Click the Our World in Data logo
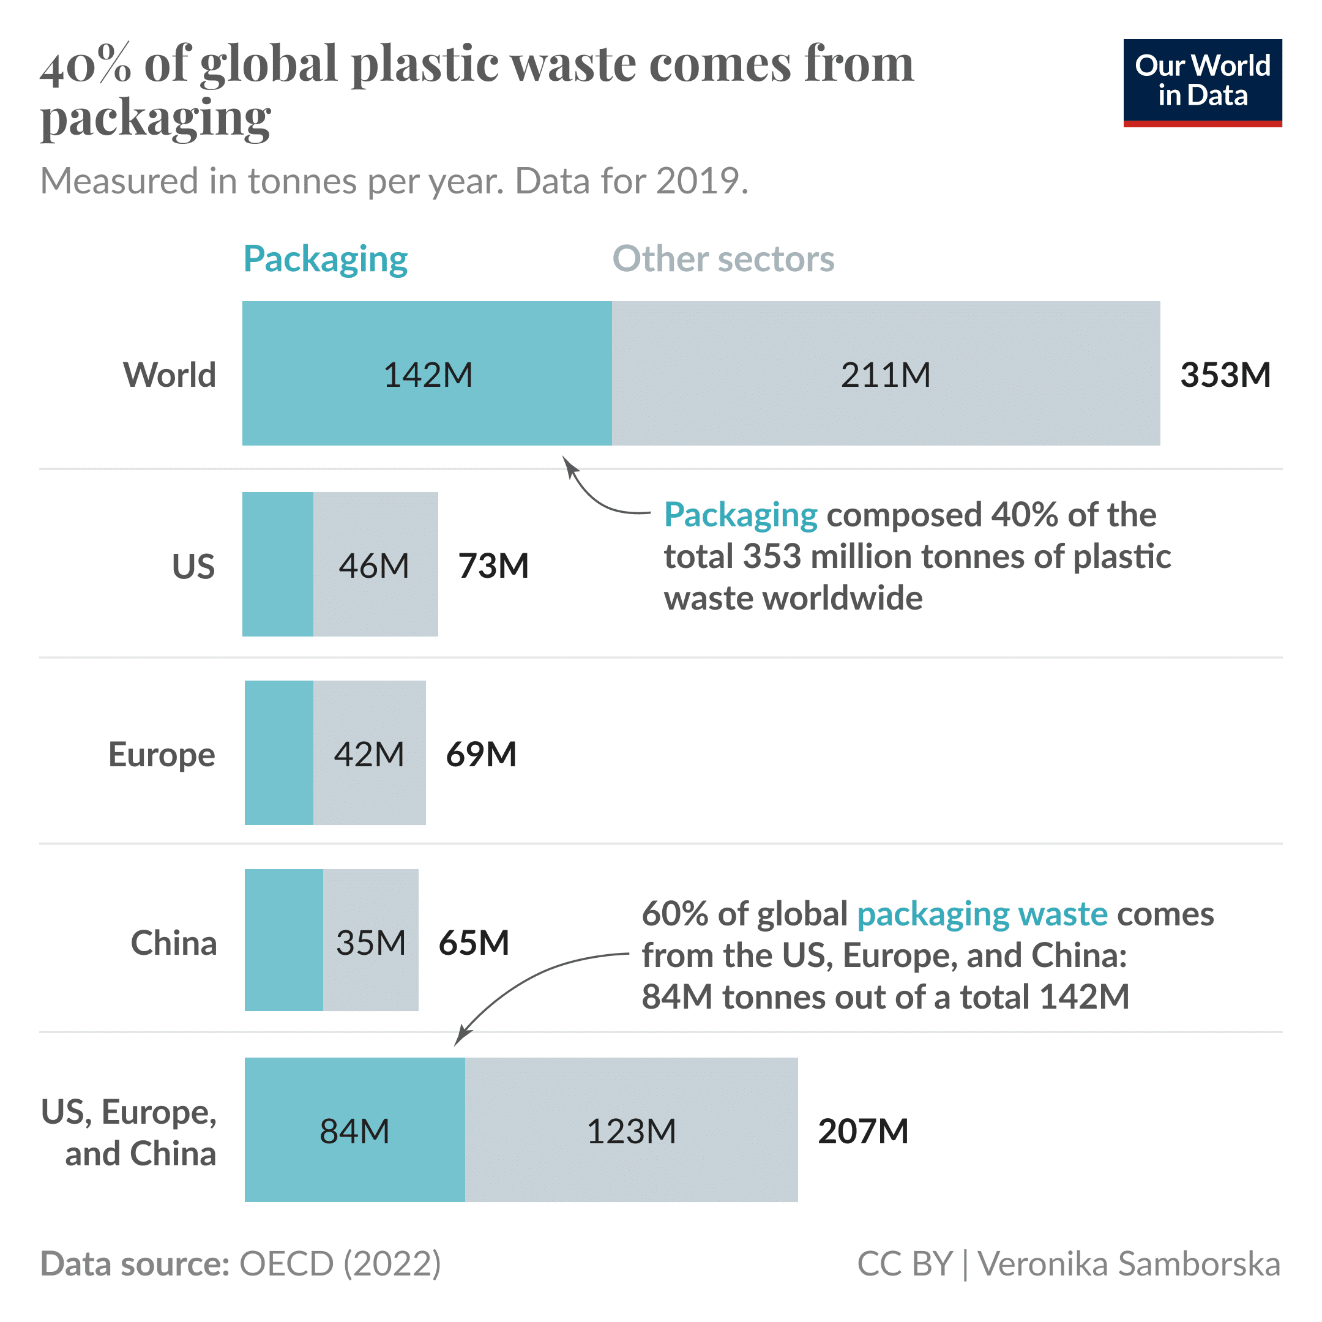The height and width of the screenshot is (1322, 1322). pyautogui.click(x=1201, y=82)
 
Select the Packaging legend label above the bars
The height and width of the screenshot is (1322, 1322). pyautogui.click(x=325, y=260)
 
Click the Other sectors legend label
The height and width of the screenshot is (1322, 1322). pyautogui.click(x=723, y=260)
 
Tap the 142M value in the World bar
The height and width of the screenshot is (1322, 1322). pyautogui.click(x=428, y=375)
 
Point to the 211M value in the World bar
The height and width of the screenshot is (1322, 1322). pyautogui.click(x=885, y=375)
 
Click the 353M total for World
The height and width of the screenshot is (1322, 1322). pyautogui.click(x=1225, y=375)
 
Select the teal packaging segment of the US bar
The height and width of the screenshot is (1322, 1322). pyautogui.click(x=278, y=564)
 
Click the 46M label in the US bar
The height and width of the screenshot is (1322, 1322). pyautogui.click(x=373, y=566)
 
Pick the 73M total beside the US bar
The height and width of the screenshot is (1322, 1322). pyautogui.click(x=493, y=566)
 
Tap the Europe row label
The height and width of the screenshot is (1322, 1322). pyautogui.click(x=162, y=754)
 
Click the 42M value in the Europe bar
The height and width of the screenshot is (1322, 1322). pyautogui.click(x=369, y=754)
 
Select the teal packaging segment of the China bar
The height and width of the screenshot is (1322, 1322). pyautogui.click(x=283, y=939)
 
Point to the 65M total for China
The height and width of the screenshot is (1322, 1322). pyautogui.click(x=474, y=943)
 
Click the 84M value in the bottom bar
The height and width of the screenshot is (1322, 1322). pyautogui.click(x=354, y=1131)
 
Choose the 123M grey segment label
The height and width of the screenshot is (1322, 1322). pyautogui.click(x=631, y=1131)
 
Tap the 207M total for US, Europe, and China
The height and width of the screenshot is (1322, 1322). pyautogui.click(x=863, y=1131)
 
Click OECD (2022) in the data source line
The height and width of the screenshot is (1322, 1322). pyautogui.click(x=340, y=1263)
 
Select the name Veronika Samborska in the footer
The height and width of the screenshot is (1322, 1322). pyautogui.click(x=1129, y=1263)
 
